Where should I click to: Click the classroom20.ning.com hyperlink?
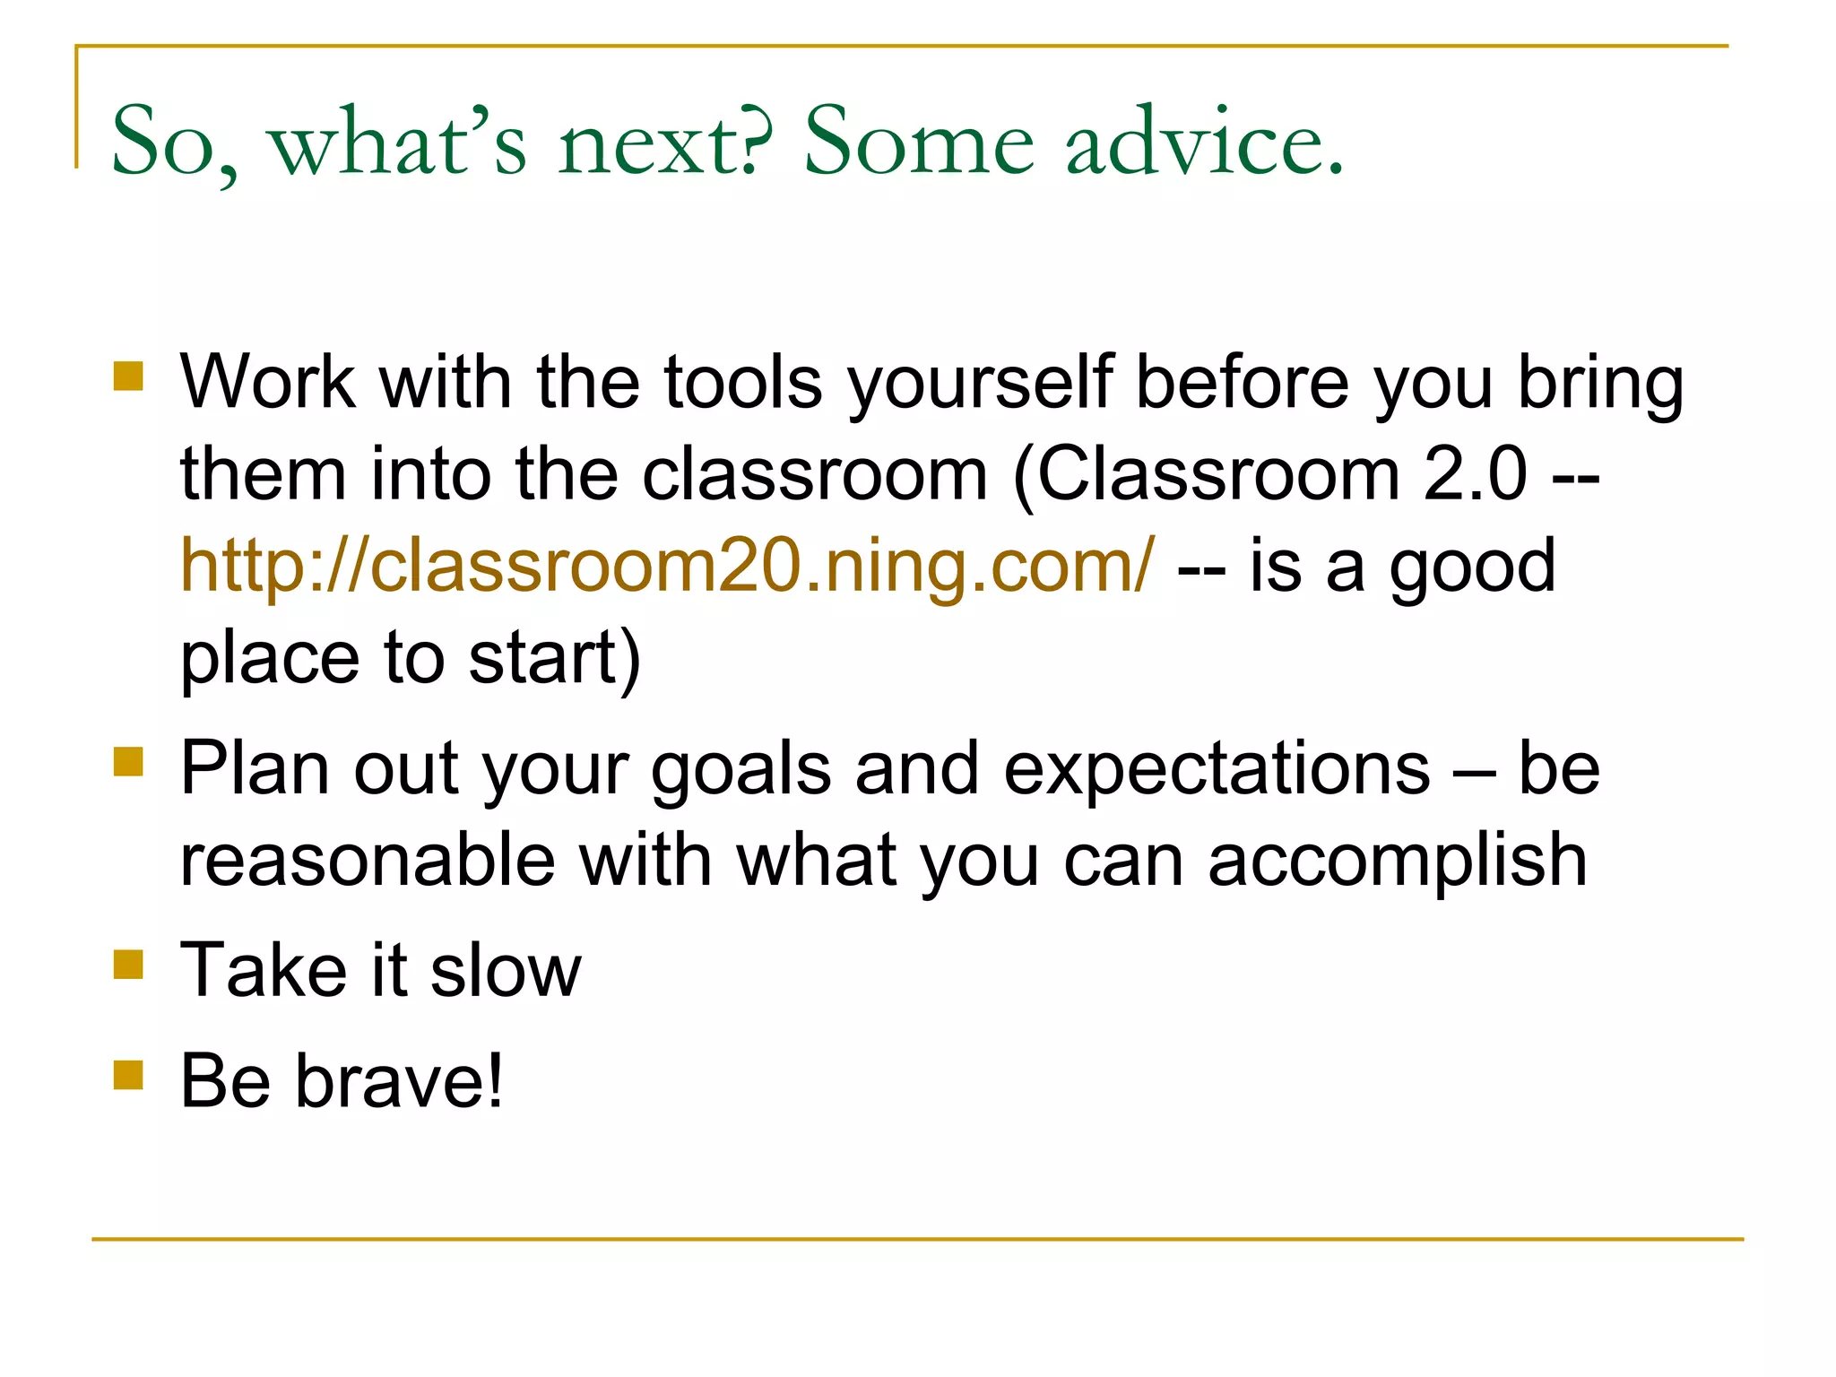pos(667,567)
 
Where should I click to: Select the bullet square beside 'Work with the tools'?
pos(128,376)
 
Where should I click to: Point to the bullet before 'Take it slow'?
pos(128,965)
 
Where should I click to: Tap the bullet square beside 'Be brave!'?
pos(128,1074)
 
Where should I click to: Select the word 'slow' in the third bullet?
pos(506,971)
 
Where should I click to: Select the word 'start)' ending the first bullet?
pos(555,659)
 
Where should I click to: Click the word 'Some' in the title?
pos(918,142)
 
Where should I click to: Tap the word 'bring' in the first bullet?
pos(1600,384)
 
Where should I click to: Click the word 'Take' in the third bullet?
pos(263,971)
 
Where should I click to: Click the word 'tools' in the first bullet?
pos(742,384)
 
